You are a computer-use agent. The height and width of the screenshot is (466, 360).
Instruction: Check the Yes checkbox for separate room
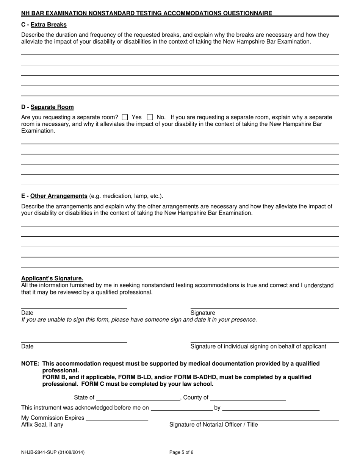tap(125, 117)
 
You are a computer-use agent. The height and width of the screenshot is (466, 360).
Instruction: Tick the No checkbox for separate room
tap(150, 117)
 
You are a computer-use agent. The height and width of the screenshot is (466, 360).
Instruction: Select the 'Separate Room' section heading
tap(52, 107)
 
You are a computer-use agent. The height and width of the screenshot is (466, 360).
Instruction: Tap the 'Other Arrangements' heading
tap(59, 196)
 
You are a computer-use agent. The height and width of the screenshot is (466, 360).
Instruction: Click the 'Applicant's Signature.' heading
tap(52, 278)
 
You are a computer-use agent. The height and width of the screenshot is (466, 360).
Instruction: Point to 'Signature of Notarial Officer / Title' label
tap(213, 425)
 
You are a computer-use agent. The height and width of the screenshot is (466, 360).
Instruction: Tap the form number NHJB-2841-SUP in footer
tap(53, 452)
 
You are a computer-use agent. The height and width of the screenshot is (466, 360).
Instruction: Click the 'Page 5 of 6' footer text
tap(181, 452)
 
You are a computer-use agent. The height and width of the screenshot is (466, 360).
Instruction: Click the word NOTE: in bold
tap(30, 364)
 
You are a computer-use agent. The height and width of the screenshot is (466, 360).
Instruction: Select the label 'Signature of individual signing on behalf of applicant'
tap(258, 346)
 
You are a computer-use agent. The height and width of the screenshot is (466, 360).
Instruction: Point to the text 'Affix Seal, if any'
tap(42, 425)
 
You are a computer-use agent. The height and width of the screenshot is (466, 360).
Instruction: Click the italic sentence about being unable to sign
tap(139, 320)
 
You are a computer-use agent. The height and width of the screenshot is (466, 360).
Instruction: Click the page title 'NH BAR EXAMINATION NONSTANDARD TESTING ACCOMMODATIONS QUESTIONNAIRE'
tap(147, 13)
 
